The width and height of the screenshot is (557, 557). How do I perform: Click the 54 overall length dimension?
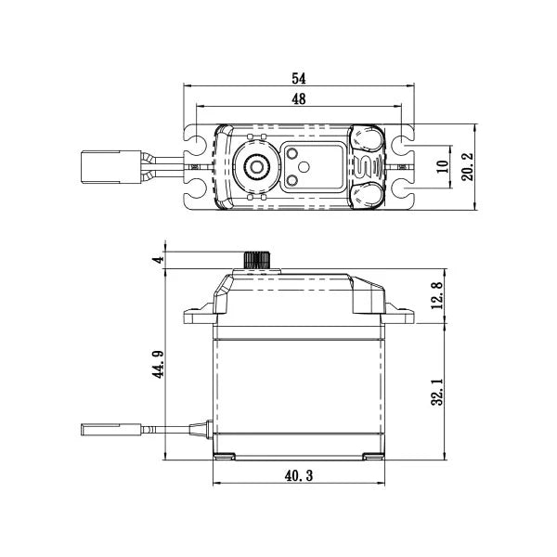[x=299, y=78]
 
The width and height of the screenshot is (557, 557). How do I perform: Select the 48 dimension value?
[x=299, y=100]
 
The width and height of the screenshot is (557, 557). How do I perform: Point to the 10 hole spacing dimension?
[x=442, y=167]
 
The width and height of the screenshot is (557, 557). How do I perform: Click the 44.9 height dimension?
[x=159, y=363]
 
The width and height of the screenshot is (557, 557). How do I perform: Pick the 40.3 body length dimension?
[x=299, y=475]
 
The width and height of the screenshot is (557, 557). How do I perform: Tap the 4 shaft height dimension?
[x=159, y=260]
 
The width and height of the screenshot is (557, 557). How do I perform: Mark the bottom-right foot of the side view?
[x=373, y=456]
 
